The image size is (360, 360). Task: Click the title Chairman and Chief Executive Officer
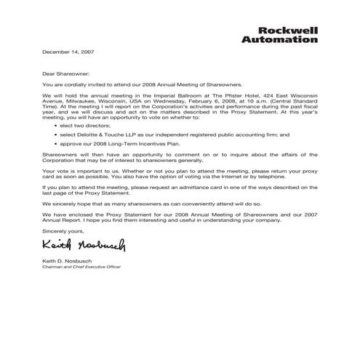pyautogui.click(x=81, y=267)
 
